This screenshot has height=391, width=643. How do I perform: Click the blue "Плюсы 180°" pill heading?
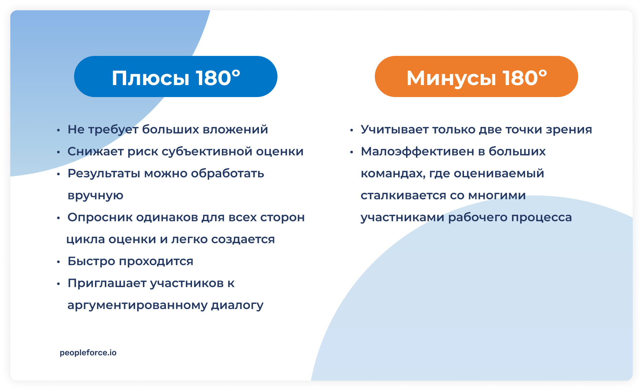tap(176, 77)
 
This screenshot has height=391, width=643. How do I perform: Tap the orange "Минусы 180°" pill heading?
tap(476, 77)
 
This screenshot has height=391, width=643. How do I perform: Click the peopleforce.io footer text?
tap(88, 353)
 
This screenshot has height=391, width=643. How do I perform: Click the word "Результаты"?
tap(104, 174)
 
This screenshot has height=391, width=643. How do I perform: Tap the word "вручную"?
tap(95, 195)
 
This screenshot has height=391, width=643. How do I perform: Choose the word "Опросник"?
tap(99, 217)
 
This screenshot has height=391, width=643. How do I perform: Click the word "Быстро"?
tap(91, 261)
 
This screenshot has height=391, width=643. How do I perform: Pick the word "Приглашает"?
tap(107, 283)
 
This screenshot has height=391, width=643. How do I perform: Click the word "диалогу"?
tap(237, 305)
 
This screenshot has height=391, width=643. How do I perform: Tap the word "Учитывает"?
tap(394, 130)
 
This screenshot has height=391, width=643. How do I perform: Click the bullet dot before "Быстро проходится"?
tap(59, 262)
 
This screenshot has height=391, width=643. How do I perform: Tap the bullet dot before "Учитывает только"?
tap(352, 130)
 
